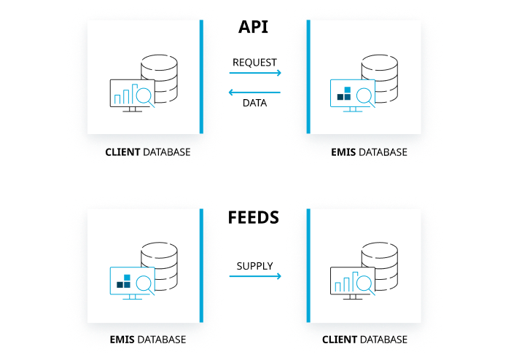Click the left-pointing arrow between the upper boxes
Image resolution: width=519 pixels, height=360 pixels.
pos(254,93)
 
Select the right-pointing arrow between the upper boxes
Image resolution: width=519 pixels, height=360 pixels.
pos(255,73)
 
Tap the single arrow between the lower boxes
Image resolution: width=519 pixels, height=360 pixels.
pos(255,276)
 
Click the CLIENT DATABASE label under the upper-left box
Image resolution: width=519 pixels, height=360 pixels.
pos(148,152)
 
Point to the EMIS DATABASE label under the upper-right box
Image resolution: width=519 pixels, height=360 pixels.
pos(370,152)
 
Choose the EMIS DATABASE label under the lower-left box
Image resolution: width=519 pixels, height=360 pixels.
pos(148,340)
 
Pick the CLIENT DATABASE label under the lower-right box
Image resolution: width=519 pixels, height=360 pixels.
pos(364,340)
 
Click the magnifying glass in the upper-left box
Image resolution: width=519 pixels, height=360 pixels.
pos(144,96)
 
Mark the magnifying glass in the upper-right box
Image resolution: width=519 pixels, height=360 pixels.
pos(364,96)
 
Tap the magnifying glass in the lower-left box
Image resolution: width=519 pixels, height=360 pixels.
pos(144,283)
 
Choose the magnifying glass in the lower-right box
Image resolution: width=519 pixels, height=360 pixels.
pos(364,283)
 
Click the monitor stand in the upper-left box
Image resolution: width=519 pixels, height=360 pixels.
pos(132,109)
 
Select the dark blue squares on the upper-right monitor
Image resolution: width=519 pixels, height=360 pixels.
pos(344,94)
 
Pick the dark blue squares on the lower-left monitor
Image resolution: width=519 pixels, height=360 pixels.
pos(124,281)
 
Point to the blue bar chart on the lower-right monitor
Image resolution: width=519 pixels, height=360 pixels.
pos(346,282)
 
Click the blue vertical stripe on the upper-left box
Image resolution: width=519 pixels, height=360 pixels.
pos(201,77)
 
